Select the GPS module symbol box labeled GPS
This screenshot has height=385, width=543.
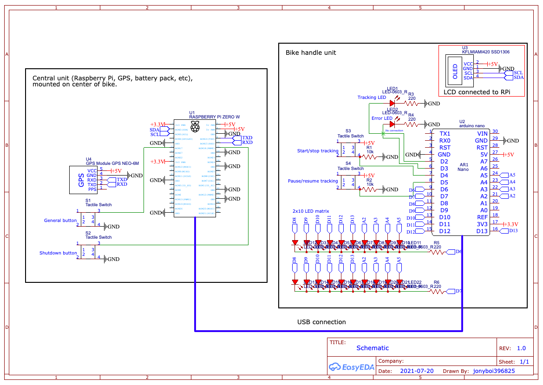coord(82,180)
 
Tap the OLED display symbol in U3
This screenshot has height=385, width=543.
coord(455,70)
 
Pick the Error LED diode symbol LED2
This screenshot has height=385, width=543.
coord(392,124)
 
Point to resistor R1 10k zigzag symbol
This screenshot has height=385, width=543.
coord(370,157)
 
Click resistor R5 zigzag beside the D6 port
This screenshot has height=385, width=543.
coord(436,252)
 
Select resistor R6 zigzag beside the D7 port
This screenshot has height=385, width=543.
coord(436,292)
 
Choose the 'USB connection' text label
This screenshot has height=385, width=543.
coord(321,322)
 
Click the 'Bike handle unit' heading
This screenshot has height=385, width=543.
coord(310,52)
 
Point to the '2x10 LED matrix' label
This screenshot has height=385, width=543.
coord(311,211)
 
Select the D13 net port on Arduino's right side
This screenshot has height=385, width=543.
coord(512,230)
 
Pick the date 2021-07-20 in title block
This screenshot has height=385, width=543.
coord(417,371)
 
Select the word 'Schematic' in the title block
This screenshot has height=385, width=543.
coord(373,348)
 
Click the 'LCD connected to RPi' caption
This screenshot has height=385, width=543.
coord(477,92)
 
